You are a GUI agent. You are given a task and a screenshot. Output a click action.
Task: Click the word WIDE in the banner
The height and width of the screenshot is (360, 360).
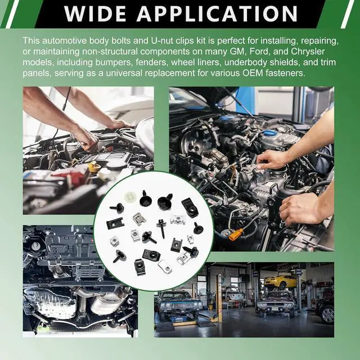tap(95, 13)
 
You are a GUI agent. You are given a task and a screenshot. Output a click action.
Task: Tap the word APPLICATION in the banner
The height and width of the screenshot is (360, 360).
tap(217, 13)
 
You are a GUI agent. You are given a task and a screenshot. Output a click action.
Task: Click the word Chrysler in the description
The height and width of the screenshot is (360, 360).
tap(308, 52)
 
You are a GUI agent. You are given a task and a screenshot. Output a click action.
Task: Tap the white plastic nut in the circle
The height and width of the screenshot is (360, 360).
tap(130, 197)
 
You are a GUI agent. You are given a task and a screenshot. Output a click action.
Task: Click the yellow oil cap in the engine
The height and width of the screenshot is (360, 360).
tap(94, 166)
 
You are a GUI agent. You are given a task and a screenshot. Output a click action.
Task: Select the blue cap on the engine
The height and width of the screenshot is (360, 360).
tap(271, 133)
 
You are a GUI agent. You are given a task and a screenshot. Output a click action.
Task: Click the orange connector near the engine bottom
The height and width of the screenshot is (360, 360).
tap(236, 235)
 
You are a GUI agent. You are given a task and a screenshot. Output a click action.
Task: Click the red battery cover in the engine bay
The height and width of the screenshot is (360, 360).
tap(71, 174)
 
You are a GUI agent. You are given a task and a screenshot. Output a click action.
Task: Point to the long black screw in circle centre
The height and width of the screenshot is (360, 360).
tap(161, 228)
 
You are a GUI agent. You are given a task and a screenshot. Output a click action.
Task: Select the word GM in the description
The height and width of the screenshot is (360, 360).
tap(237, 51)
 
